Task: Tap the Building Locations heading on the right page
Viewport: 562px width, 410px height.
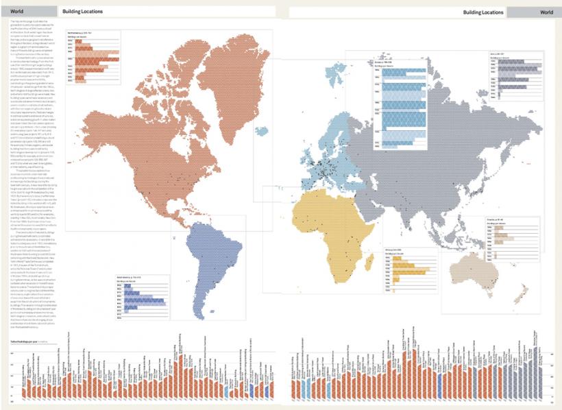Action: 482,12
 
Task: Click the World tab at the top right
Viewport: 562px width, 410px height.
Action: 546,12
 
